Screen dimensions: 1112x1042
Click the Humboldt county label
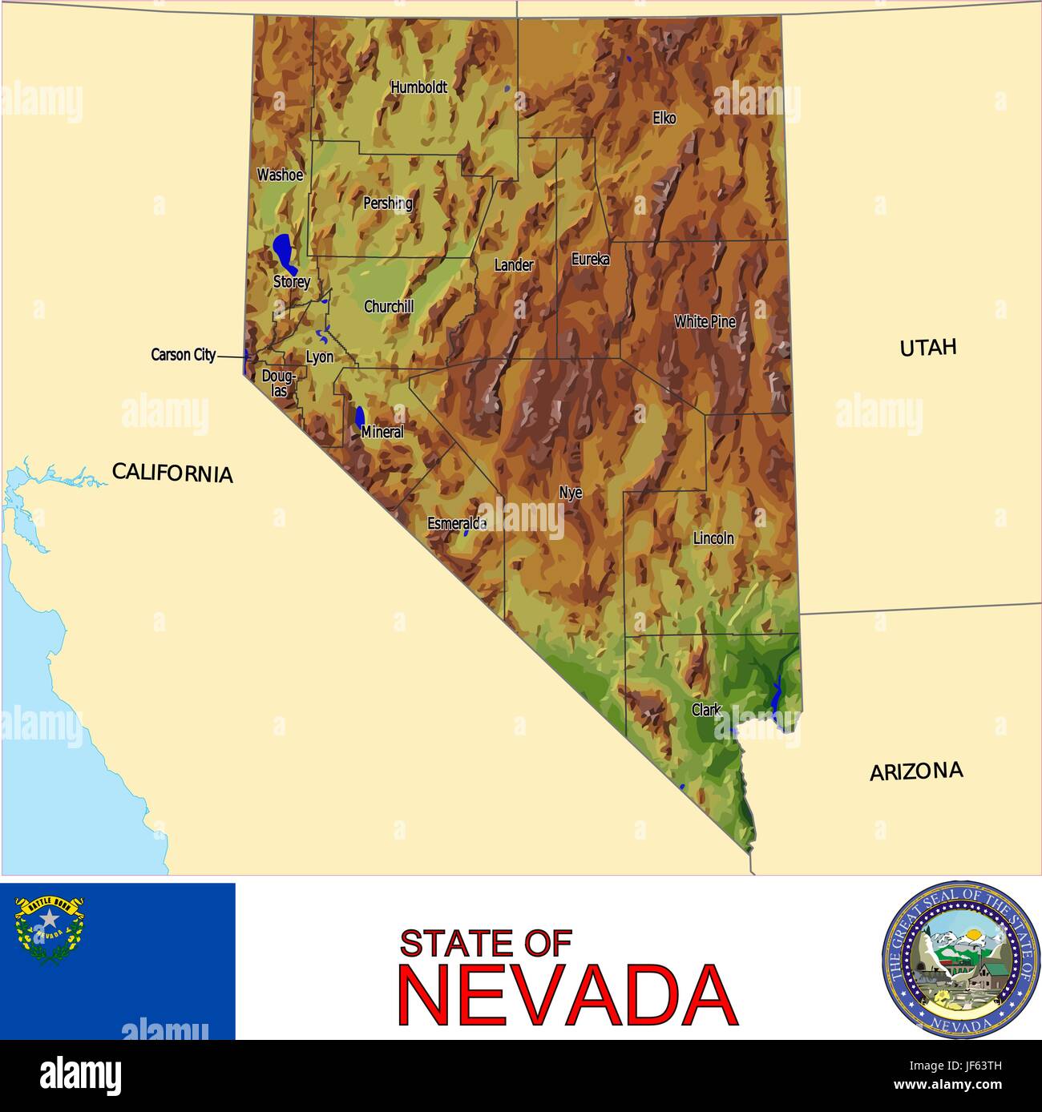[x=418, y=87]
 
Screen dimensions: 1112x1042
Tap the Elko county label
[x=664, y=119]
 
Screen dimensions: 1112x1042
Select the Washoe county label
[x=280, y=175]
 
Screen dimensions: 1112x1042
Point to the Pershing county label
[x=388, y=203]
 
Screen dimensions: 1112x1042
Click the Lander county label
[x=513, y=265]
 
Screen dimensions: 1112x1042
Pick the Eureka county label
[x=590, y=260]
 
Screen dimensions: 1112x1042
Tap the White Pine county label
[x=705, y=322]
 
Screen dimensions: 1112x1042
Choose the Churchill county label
[x=389, y=307]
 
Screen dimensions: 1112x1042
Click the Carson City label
[x=183, y=355]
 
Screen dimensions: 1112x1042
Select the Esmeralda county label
[x=456, y=524]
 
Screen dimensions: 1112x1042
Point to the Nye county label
[x=571, y=494]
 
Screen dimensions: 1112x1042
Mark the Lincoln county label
[x=713, y=538]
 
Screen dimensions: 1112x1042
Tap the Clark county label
[x=706, y=710]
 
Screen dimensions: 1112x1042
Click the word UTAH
[x=927, y=348]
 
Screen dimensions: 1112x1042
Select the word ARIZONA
[x=916, y=772]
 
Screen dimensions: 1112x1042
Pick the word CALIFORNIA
[x=172, y=473]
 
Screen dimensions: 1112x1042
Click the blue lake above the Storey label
[x=283, y=252]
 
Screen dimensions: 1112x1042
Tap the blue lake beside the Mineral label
[x=360, y=417]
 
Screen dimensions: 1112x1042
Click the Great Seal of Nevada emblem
[x=959, y=959]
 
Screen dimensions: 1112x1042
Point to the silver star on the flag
[x=50, y=918]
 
